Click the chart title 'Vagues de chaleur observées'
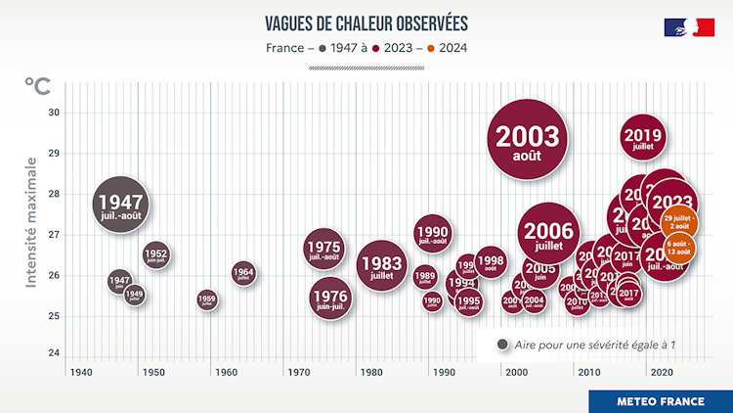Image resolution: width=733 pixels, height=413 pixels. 366,23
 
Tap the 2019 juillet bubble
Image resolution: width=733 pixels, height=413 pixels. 642,139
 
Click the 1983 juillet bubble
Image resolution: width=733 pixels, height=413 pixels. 381,265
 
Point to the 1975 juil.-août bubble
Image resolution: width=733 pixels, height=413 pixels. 323,250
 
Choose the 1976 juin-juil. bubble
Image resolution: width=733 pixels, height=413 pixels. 329,298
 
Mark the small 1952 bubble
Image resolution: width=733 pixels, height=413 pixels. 156,256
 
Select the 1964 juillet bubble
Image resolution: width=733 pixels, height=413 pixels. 243,274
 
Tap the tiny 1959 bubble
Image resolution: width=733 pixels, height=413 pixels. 206,299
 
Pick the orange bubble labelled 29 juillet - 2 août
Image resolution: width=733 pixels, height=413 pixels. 681,222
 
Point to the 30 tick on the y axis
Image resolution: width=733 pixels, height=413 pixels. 54,113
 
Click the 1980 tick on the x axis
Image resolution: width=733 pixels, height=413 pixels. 371,373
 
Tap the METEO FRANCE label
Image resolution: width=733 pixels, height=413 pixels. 660,401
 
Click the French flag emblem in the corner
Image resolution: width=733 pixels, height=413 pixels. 689,27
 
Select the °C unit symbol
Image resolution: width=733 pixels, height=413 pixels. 37,85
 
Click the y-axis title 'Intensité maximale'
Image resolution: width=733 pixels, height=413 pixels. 31,222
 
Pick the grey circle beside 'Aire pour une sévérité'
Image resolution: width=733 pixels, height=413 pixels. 502,344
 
